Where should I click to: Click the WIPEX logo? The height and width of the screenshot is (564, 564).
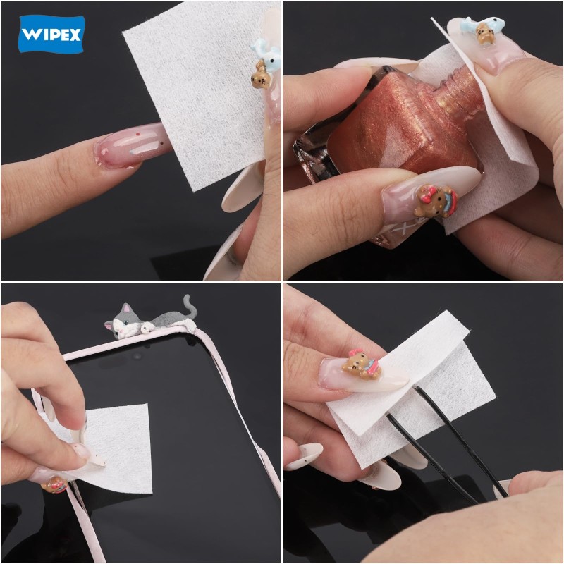point(51,34)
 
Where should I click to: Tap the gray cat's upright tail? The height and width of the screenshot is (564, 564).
point(189,305)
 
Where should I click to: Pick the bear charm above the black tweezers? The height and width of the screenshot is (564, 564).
point(361,366)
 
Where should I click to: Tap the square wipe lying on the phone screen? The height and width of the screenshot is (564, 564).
point(120,444)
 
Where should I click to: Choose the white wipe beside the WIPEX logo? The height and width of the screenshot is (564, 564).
point(197,99)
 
